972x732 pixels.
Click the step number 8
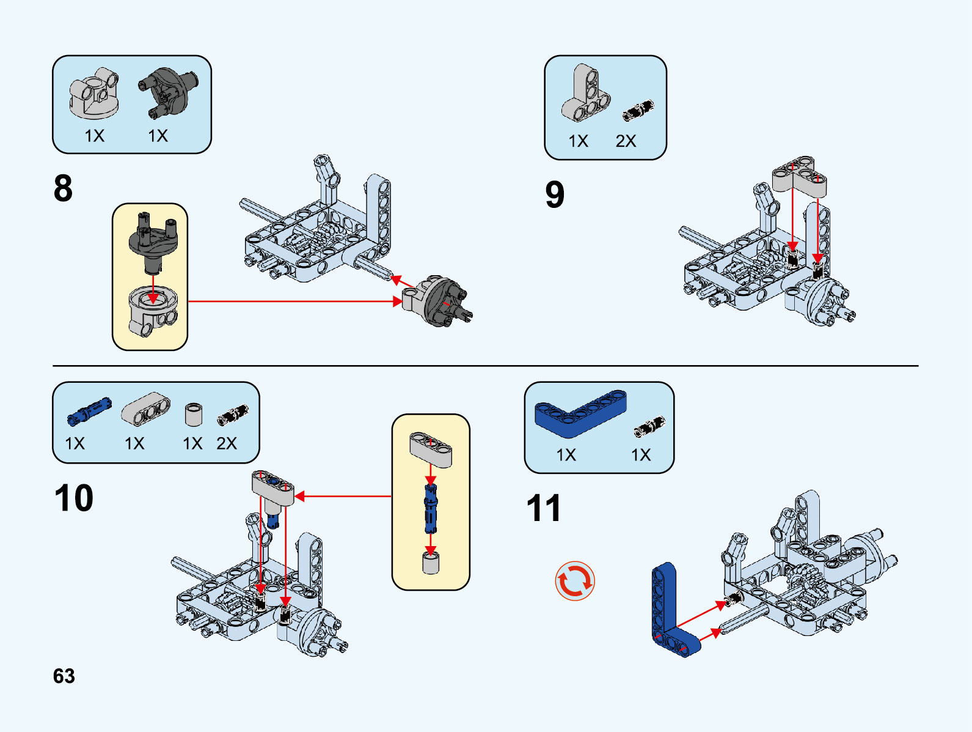[x=63, y=188]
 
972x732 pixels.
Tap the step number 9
[x=555, y=194]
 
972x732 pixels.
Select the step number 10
[x=74, y=498]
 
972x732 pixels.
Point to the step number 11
[x=543, y=508]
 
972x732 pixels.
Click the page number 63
[x=64, y=676]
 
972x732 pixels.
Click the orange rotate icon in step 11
[x=574, y=581]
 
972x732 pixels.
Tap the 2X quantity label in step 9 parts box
[x=626, y=141]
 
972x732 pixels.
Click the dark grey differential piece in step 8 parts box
[x=167, y=92]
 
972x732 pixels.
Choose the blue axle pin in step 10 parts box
[x=89, y=410]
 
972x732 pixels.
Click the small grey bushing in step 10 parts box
[x=193, y=414]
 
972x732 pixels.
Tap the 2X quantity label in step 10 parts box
[x=227, y=443]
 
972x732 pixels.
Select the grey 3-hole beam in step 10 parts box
[x=145, y=409]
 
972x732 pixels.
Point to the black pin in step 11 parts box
[x=648, y=426]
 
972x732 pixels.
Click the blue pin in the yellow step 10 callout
[x=431, y=509]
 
